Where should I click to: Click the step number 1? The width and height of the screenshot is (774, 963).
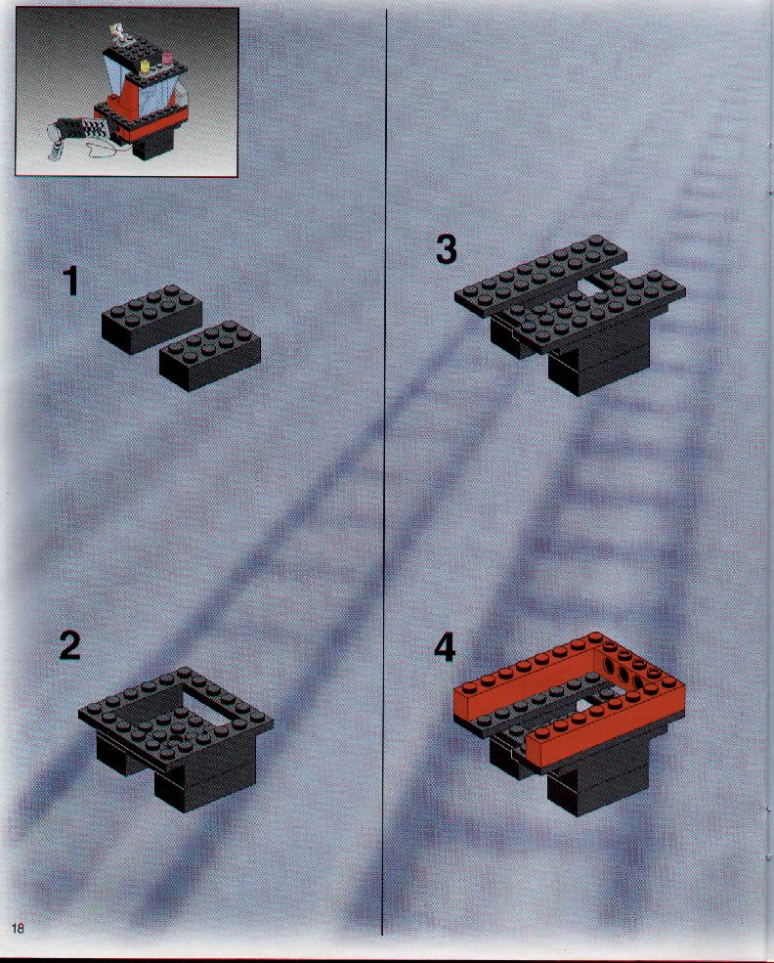pyautogui.click(x=71, y=282)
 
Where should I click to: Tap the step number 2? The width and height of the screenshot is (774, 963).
pyautogui.click(x=70, y=645)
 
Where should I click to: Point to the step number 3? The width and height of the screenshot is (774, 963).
pyautogui.click(x=447, y=250)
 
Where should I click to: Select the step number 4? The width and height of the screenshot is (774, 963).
pyautogui.click(x=445, y=647)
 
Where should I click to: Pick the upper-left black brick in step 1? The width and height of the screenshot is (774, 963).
pyautogui.click(x=151, y=319)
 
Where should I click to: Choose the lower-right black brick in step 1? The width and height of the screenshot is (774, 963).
pyautogui.click(x=210, y=356)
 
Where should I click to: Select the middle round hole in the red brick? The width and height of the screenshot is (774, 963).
pyautogui.click(x=623, y=675)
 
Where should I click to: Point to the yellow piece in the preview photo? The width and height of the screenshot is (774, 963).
pyautogui.click(x=146, y=66)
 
